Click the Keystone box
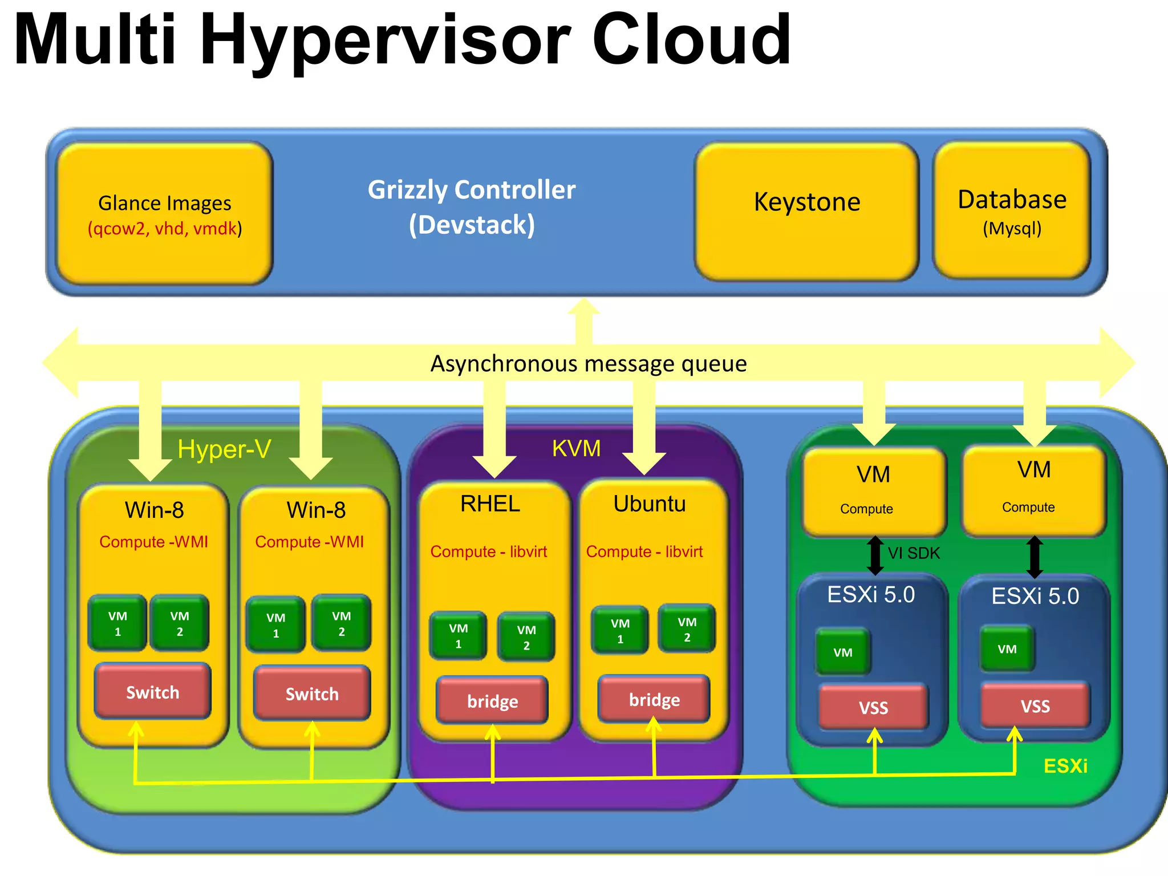click(x=806, y=211)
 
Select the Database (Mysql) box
click(x=1012, y=210)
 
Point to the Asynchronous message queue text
click(x=588, y=364)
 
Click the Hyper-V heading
click(x=224, y=449)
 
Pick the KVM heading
click(x=576, y=448)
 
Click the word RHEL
click(x=490, y=504)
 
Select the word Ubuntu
click(x=650, y=504)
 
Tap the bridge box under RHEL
click(x=492, y=700)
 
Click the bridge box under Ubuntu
click(x=654, y=699)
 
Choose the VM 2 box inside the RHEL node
click(x=526, y=636)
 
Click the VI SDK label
click(x=914, y=553)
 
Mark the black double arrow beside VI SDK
click(x=875, y=555)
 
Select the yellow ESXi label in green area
click(x=1065, y=765)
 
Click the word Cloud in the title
click(x=691, y=40)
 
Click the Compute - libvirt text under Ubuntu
click(x=644, y=551)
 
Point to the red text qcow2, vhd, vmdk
click(x=165, y=229)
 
